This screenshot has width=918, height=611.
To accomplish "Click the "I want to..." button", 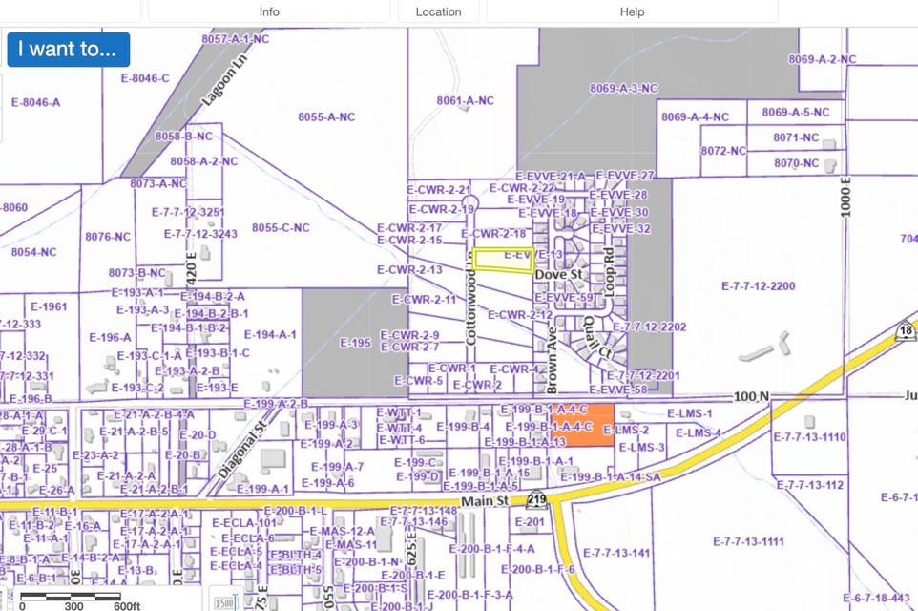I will click(x=68, y=49).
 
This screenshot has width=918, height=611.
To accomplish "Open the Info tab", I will click(x=269, y=11).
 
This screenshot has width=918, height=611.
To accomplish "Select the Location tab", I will click(x=438, y=11).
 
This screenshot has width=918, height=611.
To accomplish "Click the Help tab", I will click(x=632, y=11).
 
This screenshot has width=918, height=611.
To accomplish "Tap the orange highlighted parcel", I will click(x=582, y=425).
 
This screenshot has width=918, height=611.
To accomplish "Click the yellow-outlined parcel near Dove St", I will click(x=503, y=261).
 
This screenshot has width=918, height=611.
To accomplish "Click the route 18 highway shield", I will click(x=906, y=331).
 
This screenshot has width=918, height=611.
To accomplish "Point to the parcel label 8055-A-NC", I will click(x=325, y=116).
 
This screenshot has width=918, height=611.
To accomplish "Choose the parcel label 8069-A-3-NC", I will click(x=623, y=88).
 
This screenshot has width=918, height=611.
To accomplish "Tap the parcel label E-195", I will click(x=354, y=343).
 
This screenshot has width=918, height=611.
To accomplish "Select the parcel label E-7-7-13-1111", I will click(x=749, y=541).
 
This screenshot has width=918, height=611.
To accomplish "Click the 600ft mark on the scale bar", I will click(x=127, y=605).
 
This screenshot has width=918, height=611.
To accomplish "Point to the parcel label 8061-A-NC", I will click(x=465, y=100).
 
